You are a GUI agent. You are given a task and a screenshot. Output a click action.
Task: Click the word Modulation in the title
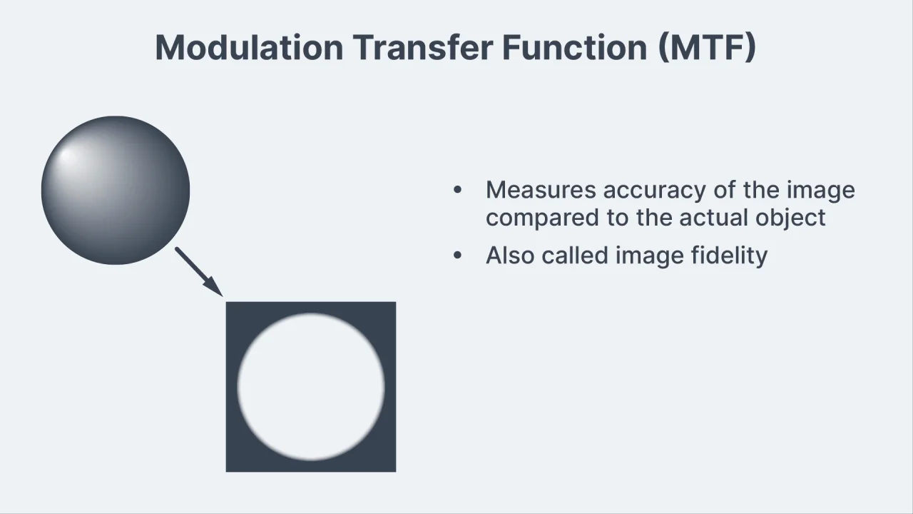pyautogui.click(x=250, y=48)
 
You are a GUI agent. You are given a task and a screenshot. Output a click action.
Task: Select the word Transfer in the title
pyautogui.click(x=423, y=47)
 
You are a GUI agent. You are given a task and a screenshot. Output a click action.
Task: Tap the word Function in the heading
pyautogui.click(x=575, y=47)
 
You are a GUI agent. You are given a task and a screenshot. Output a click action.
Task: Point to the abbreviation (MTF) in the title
pyautogui.click(x=707, y=48)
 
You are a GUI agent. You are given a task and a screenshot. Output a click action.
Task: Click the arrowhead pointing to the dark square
pyautogui.click(x=213, y=286)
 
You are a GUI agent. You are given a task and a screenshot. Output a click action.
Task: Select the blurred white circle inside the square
pyautogui.click(x=311, y=387)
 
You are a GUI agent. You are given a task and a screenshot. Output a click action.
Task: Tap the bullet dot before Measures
pyautogui.click(x=458, y=190)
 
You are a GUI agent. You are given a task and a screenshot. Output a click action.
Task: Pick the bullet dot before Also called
pyautogui.click(x=458, y=256)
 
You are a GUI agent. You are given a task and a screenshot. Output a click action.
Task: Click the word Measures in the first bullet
pyautogui.click(x=541, y=190)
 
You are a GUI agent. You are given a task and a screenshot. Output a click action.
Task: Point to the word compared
pyautogui.click(x=543, y=218)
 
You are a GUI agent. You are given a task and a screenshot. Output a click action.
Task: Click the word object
pyautogui.click(x=790, y=218)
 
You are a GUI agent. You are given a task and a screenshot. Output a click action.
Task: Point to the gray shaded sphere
pyautogui.click(x=116, y=190)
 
